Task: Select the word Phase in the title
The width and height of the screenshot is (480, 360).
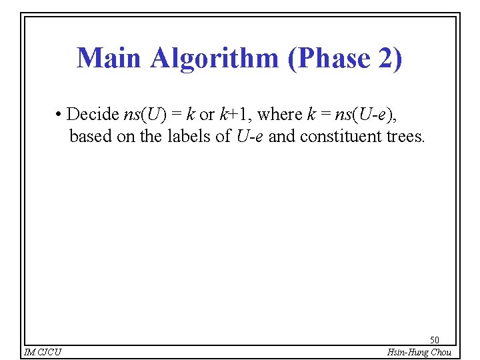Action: [327, 58]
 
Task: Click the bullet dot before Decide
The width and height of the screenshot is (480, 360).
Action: [59, 115]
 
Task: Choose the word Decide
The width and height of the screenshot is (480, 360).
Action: [93, 115]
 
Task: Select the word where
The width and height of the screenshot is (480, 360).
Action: [280, 115]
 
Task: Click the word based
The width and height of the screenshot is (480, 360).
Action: [91, 137]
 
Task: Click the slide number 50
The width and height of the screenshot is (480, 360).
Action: [435, 340]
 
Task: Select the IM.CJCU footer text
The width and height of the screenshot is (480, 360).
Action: [42, 352]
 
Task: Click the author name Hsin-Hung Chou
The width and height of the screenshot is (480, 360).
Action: [419, 352]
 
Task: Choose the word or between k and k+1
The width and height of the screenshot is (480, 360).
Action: [207, 115]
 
